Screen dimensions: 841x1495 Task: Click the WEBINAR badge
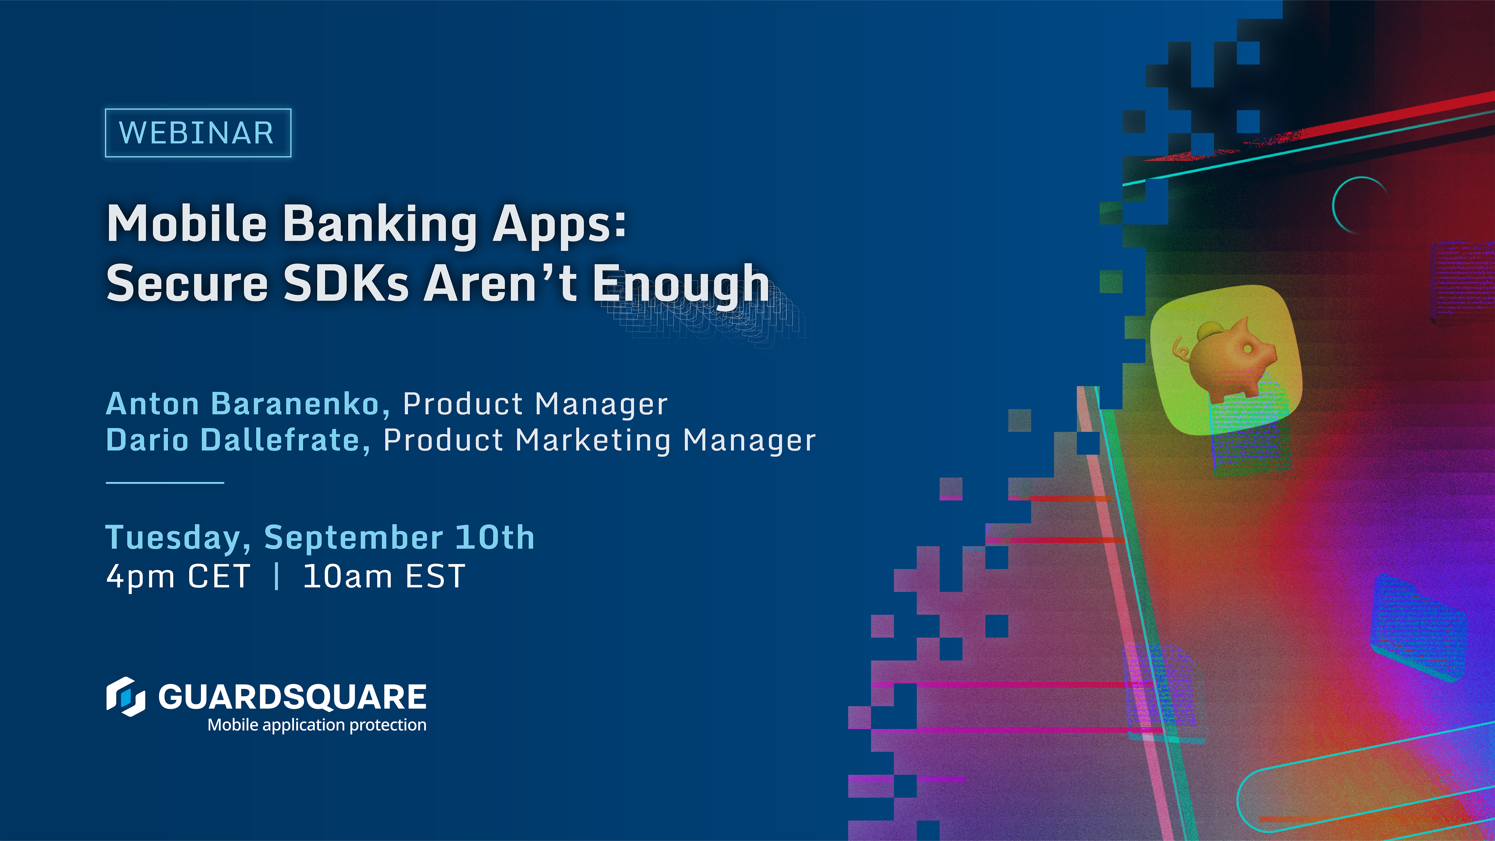[197, 133]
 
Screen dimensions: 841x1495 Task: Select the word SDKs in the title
[345, 284]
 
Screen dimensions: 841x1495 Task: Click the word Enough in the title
[680, 284]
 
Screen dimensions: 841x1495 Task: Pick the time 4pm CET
[178, 577]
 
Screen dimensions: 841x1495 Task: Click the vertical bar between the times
[277, 577]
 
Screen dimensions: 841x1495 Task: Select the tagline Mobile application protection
[317, 725]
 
